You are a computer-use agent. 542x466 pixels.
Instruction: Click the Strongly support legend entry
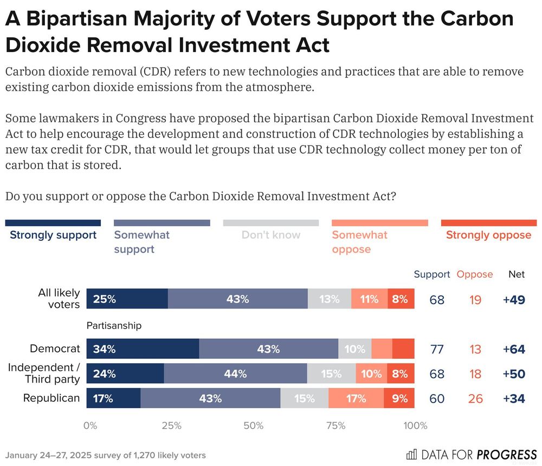tap(53, 235)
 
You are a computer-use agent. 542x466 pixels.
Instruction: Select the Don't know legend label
tap(270, 235)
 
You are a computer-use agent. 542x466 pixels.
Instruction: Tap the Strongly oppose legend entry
tap(488, 235)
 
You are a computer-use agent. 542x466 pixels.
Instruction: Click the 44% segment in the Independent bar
tap(235, 373)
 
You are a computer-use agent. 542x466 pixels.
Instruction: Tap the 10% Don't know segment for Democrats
tap(354, 349)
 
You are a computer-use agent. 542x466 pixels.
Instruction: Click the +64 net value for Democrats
tap(514, 349)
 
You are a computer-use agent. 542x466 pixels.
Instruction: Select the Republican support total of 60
tap(437, 398)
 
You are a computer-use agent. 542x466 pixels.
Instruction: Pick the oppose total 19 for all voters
tap(475, 299)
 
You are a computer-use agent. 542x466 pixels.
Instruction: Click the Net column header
tap(516, 274)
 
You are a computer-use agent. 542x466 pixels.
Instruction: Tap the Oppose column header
tap(475, 274)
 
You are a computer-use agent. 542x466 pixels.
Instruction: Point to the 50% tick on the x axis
tap(254, 425)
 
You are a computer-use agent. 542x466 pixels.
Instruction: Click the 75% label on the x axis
tap(335, 425)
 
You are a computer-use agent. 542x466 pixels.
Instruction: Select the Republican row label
tap(51, 398)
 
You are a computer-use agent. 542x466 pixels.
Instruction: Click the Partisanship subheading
tap(114, 325)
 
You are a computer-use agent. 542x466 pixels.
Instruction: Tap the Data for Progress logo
tap(471, 454)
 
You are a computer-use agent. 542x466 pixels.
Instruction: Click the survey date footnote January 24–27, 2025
tap(105, 455)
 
